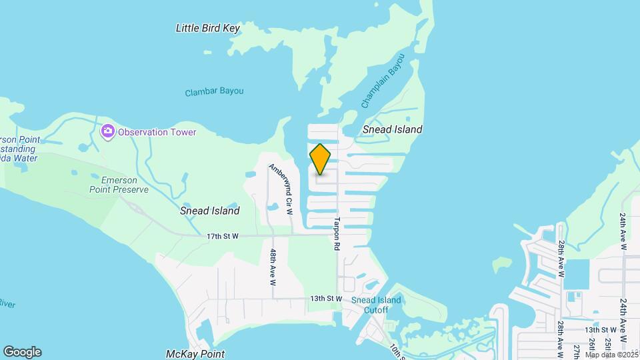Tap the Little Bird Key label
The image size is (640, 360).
pos(207,28)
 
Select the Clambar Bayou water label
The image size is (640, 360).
pos(214,91)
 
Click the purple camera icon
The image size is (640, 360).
pos(107,131)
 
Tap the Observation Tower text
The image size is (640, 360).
pos(157,132)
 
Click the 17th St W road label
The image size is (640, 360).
pos(223,236)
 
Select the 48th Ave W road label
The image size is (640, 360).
pos(273,267)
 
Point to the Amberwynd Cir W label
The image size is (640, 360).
pos(281,189)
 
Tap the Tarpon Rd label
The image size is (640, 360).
pos(337,233)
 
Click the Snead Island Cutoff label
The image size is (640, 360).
pos(377,305)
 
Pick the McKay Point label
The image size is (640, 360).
pos(195,354)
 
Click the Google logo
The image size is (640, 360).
pos(22,352)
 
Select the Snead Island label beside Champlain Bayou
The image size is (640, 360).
pos(393,129)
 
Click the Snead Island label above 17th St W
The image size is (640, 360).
pos(209,210)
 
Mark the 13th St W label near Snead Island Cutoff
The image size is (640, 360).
pos(325,299)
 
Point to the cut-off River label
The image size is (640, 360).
pos(7,304)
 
